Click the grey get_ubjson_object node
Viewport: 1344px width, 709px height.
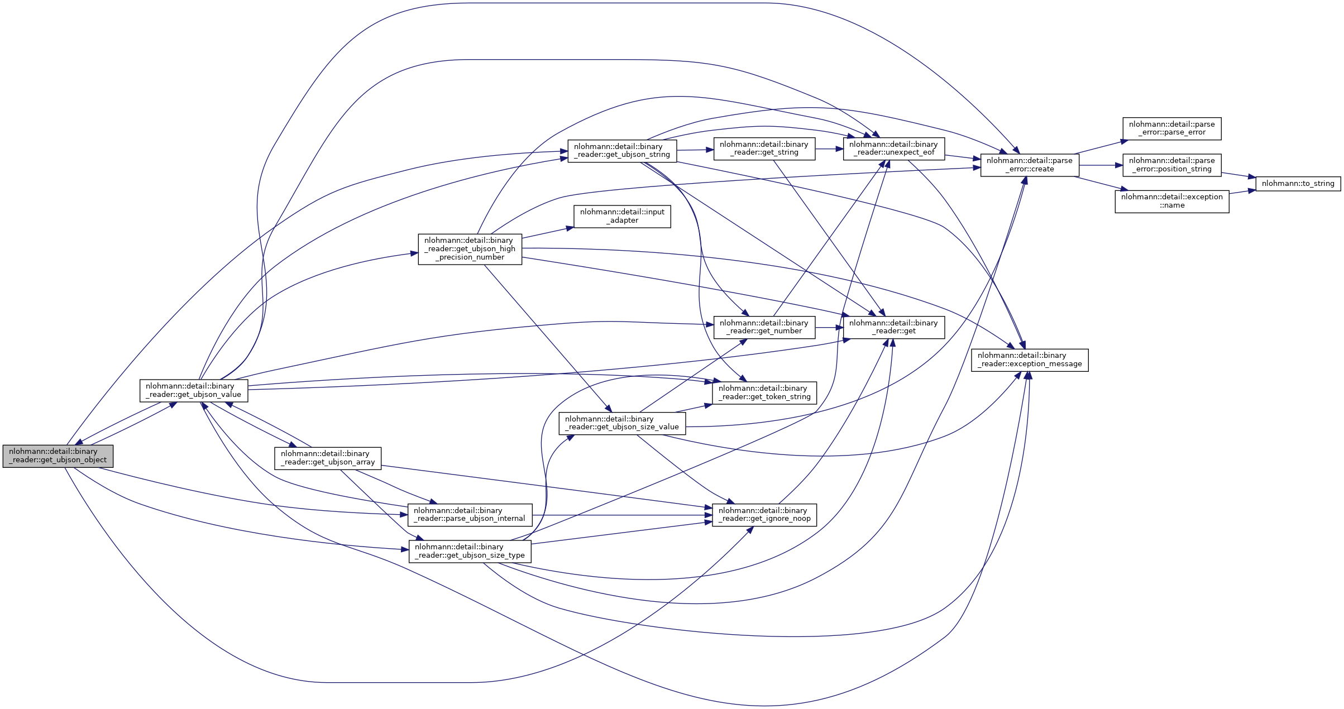[58, 456]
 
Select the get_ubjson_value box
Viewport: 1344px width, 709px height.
[193, 390]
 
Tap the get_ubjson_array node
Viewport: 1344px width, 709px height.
[328, 458]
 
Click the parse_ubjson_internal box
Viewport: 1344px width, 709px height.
[470, 515]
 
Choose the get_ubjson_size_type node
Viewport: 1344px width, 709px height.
[470, 551]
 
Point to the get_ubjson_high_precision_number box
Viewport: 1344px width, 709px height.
[470, 249]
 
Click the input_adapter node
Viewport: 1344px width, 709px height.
[622, 216]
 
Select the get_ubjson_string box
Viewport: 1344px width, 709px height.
[622, 151]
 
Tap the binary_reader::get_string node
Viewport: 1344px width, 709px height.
[764, 148]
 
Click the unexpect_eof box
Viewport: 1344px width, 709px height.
[893, 148]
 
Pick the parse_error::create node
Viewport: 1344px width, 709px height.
[1030, 165]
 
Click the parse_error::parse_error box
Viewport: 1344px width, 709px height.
[1171, 128]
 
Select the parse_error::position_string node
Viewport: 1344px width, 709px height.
[1171, 165]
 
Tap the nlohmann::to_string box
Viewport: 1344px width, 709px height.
[1298, 183]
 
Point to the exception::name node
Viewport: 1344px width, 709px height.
[1171, 201]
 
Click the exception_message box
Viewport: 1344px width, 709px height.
[1030, 360]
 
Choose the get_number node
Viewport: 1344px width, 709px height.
[764, 327]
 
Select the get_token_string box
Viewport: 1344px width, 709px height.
[764, 392]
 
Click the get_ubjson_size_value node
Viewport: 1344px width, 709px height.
[622, 423]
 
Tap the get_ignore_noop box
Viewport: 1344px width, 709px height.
[764, 515]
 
